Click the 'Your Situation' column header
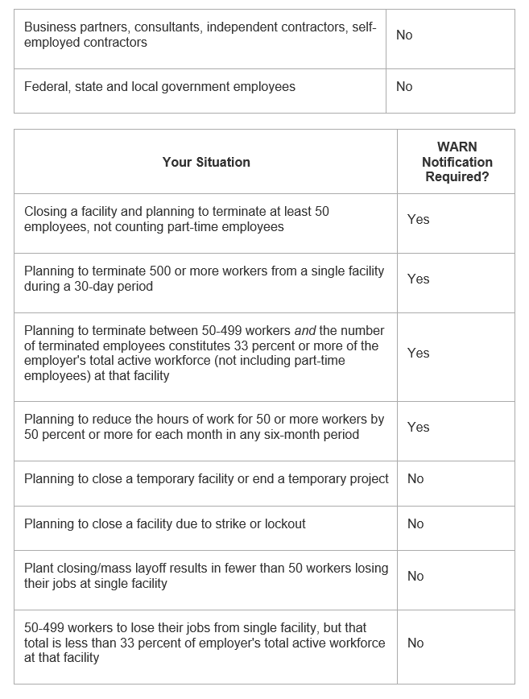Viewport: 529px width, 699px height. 206,162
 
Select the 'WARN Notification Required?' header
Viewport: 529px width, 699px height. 457,162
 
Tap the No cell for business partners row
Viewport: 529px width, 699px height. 404,35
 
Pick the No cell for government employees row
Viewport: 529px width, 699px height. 404,87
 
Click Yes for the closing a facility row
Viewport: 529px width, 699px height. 418,219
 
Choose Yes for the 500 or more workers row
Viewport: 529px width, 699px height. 418,279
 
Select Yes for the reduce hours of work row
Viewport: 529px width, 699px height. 418,427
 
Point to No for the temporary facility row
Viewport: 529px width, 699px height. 415,478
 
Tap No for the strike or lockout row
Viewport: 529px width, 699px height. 415,523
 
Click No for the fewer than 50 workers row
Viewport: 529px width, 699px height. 415,576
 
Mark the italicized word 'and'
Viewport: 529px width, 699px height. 308,331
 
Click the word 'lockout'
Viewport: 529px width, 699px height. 281,523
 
